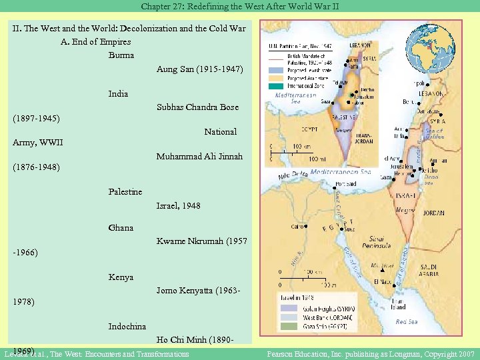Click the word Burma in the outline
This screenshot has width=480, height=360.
pos(121,55)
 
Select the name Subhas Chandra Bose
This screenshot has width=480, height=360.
pos(197,107)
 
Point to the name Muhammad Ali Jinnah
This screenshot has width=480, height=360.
pos(199,157)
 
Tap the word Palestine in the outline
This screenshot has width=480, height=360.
pos(125,192)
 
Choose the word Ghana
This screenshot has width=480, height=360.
pos(121,228)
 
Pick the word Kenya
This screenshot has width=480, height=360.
pos(121,277)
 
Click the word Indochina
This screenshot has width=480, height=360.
pos(127,327)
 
